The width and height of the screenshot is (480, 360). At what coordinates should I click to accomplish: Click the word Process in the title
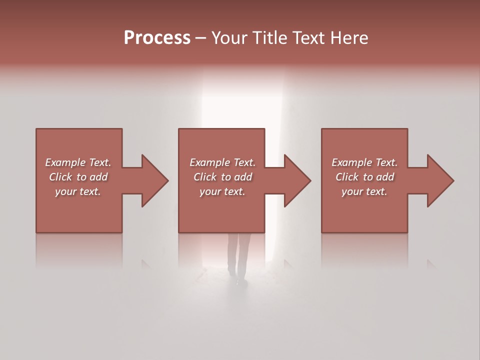[157, 38]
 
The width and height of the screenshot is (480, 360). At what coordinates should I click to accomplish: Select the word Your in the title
[228, 38]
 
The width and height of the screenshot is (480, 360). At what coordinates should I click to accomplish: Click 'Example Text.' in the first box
[78, 162]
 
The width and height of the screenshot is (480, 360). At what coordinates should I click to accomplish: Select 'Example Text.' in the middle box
[222, 162]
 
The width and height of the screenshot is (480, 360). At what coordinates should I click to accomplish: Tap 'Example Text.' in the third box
[364, 162]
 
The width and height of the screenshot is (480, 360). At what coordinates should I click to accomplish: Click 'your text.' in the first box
[78, 191]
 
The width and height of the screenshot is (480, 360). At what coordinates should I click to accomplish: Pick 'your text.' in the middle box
[222, 191]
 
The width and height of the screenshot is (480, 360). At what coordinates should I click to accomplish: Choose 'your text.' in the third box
[364, 191]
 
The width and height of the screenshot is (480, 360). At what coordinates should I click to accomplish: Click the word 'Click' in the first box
[60, 177]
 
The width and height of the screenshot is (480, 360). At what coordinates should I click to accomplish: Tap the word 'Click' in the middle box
[205, 177]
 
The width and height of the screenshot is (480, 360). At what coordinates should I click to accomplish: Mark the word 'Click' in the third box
[347, 177]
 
